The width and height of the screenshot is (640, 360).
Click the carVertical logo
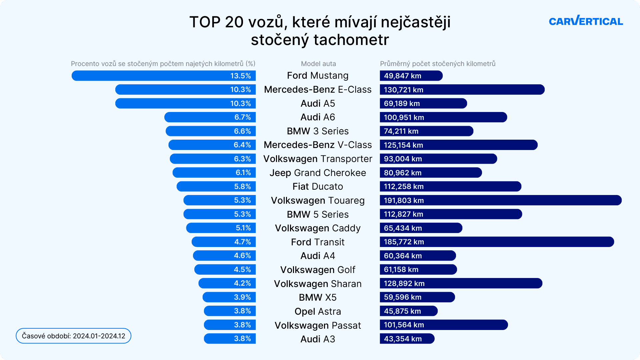point(586,21)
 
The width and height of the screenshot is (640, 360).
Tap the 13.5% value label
point(240,76)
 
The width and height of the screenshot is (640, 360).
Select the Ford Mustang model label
point(318,76)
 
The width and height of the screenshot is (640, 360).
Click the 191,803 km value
point(404,200)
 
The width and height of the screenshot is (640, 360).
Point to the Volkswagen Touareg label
point(318,200)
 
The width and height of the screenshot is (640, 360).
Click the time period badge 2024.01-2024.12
point(73,336)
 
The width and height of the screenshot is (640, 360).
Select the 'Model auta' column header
point(318,64)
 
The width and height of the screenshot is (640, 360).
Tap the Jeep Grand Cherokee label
point(318,173)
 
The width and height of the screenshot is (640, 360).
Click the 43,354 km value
point(403,339)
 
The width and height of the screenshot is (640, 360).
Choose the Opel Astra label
point(318,311)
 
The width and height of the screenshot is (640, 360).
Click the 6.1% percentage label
point(243,173)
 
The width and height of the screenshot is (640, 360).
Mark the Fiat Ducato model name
point(318,186)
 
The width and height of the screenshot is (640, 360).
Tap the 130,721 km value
point(403,90)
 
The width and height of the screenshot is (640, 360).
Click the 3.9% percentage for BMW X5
point(242,297)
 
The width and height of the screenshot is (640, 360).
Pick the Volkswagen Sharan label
point(318,284)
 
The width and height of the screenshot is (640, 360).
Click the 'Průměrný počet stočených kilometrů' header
point(438,64)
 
